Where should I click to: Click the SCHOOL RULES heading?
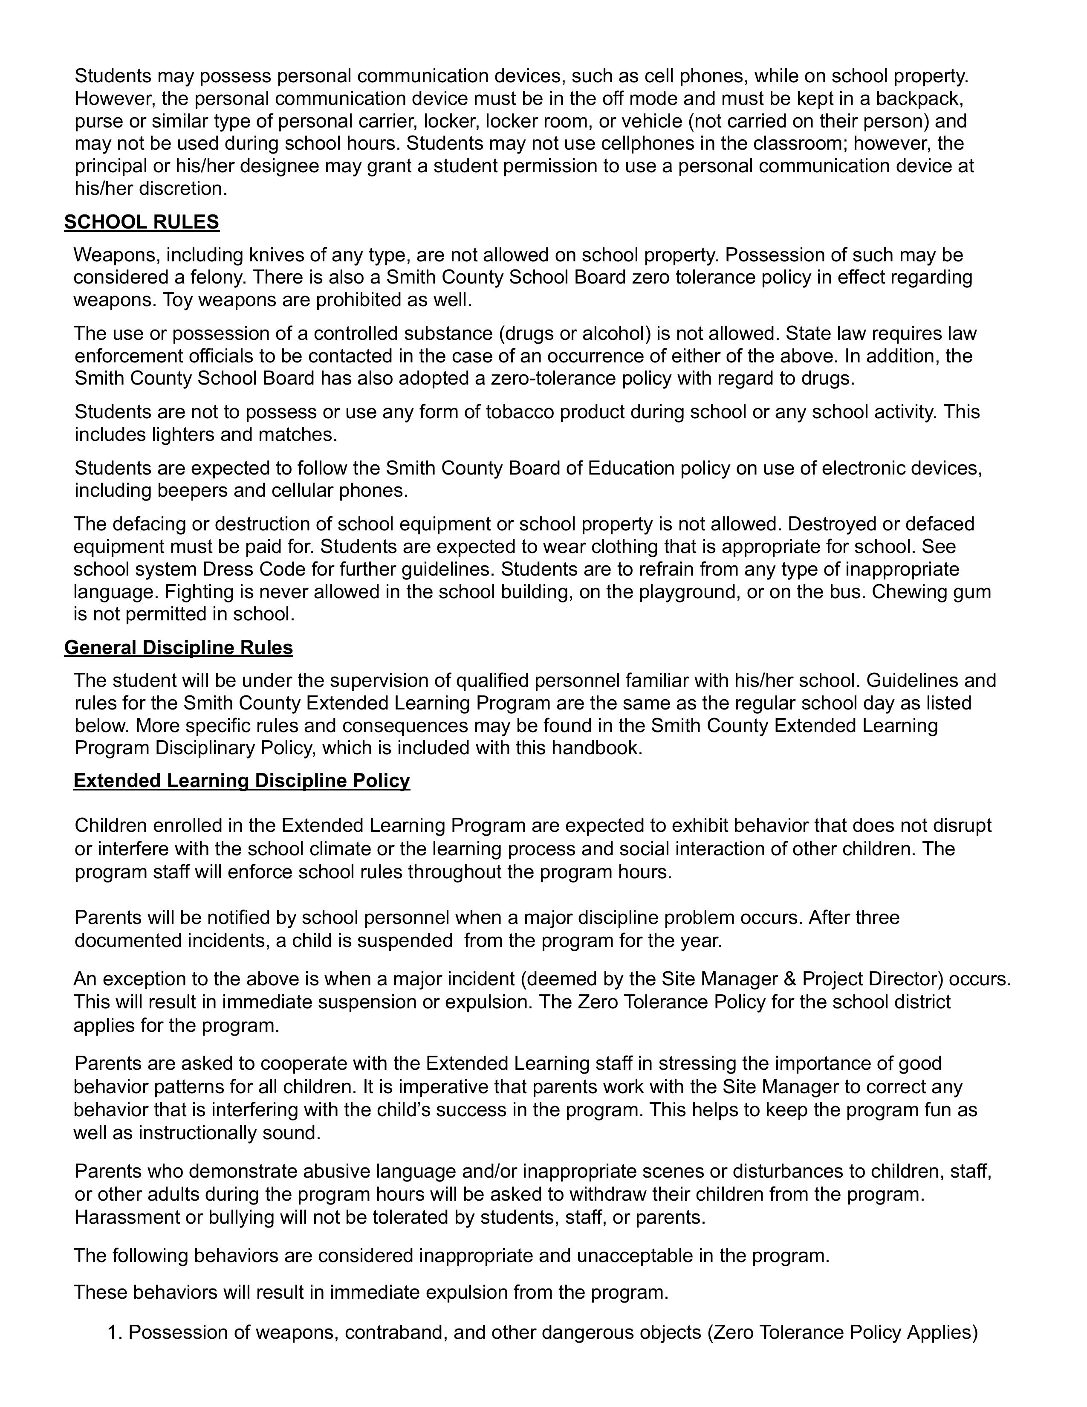point(142,222)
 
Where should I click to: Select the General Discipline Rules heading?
point(178,648)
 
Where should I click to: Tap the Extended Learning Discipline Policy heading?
point(241,781)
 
